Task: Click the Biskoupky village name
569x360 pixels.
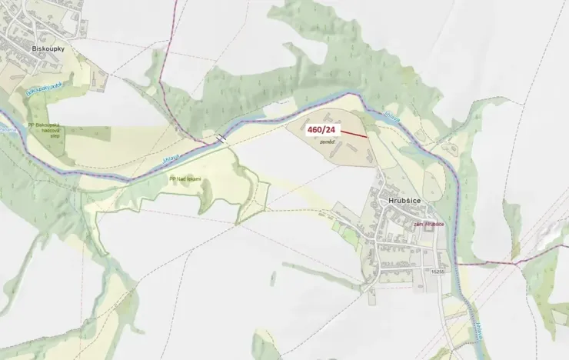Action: (x=48, y=48)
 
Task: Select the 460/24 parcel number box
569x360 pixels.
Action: (x=323, y=130)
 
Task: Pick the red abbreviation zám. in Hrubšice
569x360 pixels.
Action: (x=419, y=225)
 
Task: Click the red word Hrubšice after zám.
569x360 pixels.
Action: (x=434, y=225)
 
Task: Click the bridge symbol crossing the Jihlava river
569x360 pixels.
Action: (x=221, y=138)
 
